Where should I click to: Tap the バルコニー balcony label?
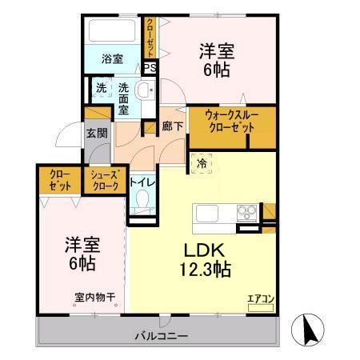pos(156,334)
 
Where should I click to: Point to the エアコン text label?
pos(260,299)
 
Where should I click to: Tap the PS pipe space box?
pos(150,67)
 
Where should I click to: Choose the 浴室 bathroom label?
pos(111,58)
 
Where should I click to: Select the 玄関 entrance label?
pos(97,132)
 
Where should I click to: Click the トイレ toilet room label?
pos(143,182)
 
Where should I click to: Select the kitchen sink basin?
pos(206,214)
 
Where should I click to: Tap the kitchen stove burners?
pos(246,214)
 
